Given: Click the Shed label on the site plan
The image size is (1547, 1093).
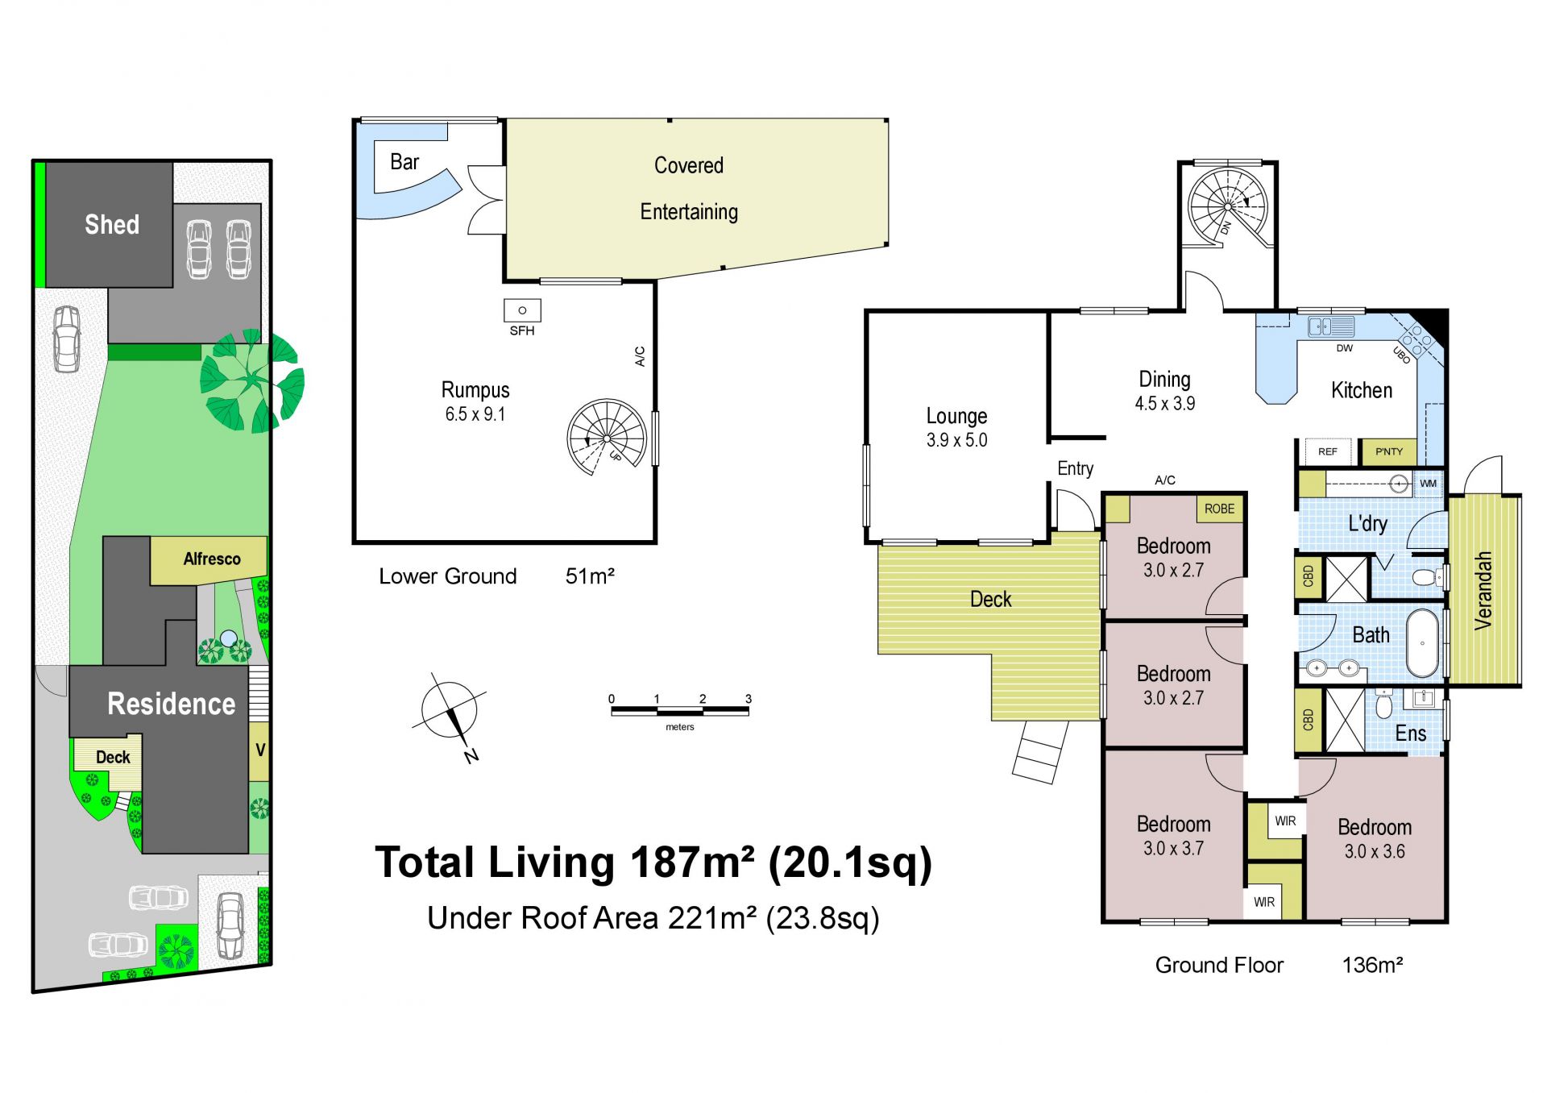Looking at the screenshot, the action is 112,224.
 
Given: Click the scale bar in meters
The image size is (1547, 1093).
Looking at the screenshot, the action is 680,711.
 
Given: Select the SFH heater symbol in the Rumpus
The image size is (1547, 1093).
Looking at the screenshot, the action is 522,310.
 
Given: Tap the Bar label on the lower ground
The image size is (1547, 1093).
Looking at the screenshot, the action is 404,162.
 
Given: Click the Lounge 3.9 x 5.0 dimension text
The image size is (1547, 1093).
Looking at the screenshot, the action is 956,440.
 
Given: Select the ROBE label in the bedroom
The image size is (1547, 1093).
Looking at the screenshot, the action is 1219,509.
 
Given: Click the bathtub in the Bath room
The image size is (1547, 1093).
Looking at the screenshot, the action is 1423,643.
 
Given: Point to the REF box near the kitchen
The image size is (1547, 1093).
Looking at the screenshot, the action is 1328,451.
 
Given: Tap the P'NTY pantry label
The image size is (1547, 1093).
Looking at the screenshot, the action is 1389,451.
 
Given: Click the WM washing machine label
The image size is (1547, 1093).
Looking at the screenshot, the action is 1428,484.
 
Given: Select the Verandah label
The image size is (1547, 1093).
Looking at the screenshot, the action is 1483,590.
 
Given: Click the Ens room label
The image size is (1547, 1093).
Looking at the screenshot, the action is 1411,734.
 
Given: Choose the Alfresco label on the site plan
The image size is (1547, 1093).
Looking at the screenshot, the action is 212,559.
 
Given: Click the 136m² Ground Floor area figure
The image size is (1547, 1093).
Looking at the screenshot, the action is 1372,965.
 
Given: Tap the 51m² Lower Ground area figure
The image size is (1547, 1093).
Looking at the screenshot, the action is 590,576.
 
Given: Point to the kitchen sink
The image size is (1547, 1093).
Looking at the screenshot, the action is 1331,326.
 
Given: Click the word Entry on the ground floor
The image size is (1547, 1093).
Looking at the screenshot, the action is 1076,469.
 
